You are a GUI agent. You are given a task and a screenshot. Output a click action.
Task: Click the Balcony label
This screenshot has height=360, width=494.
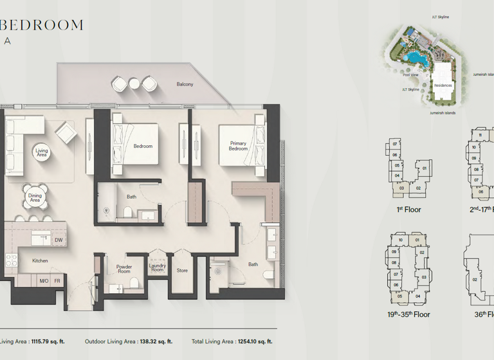point(185,84)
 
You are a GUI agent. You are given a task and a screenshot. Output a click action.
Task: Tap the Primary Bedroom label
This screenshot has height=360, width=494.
point(238,146)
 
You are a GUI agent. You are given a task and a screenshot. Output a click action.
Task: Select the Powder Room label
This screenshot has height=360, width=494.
point(123,269)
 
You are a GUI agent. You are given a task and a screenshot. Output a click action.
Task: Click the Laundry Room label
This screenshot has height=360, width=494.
point(158,268)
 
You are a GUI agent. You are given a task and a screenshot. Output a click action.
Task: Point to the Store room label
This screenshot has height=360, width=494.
point(182,271)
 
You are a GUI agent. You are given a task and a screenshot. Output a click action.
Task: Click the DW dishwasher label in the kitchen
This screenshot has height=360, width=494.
point(59,240)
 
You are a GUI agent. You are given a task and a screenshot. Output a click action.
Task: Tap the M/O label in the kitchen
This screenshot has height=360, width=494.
point(44,281)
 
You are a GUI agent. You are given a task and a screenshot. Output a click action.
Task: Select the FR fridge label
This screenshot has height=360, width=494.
point(57,281)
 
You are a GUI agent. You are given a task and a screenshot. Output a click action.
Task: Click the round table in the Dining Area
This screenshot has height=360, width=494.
point(35,197)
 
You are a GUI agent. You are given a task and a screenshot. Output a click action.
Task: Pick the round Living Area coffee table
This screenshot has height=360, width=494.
point(42,152)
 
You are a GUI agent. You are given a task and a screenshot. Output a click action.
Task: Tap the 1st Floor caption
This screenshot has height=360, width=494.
point(408,210)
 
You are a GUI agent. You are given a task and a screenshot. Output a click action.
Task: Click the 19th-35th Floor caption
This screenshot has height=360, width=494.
point(408,314)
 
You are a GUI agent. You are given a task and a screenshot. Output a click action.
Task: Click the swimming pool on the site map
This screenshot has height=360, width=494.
point(418,59)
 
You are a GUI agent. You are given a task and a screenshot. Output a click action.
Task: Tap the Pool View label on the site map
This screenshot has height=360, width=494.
point(410,75)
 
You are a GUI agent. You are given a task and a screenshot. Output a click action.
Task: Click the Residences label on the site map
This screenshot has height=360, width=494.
point(443,85)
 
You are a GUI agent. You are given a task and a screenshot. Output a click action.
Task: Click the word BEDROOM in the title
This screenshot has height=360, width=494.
point(42,25)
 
